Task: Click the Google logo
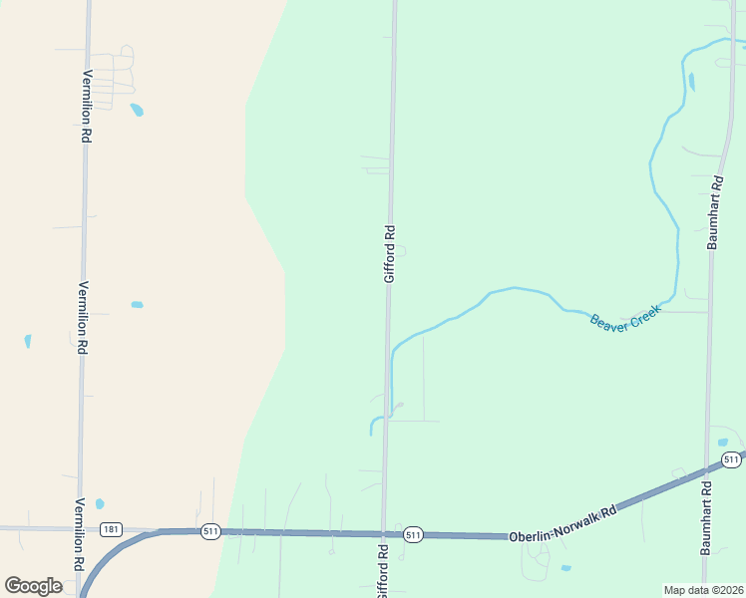pyautogui.click(x=33, y=585)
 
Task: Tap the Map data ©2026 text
pyautogui.click(x=703, y=590)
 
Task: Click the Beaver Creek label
pyautogui.click(x=625, y=322)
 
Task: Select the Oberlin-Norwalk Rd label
pyautogui.click(x=562, y=522)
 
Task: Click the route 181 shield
pyautogui.click(x=111, y=529)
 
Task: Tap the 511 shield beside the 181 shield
pyautogui.click(x=209, y=531)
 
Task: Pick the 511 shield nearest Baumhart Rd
pyautogui.click(x=731, y=459)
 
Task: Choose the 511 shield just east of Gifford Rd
pyautogui.click(x=414, y=535)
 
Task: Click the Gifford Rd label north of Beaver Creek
pyautogui.click(x=390, y=253)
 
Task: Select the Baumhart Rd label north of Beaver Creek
pyautogui.click(x=714, y=212)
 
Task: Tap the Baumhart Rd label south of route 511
pyautogui.click(x=706, y=517)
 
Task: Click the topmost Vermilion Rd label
pyautogui.click(x=87, y=107)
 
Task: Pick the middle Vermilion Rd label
pyautogui.click(x=84, y=317)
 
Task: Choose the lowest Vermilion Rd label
pyautogui.click(x=80, y=534)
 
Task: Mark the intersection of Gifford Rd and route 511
pyautogui.click(x=383, y=534)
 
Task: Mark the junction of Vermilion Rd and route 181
pyautogui.click(x=80, y=528)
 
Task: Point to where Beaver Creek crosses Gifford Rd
pyautogui.click(x=388, y=354)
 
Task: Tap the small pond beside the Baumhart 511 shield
pyautogui.click(x=722, y=443)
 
